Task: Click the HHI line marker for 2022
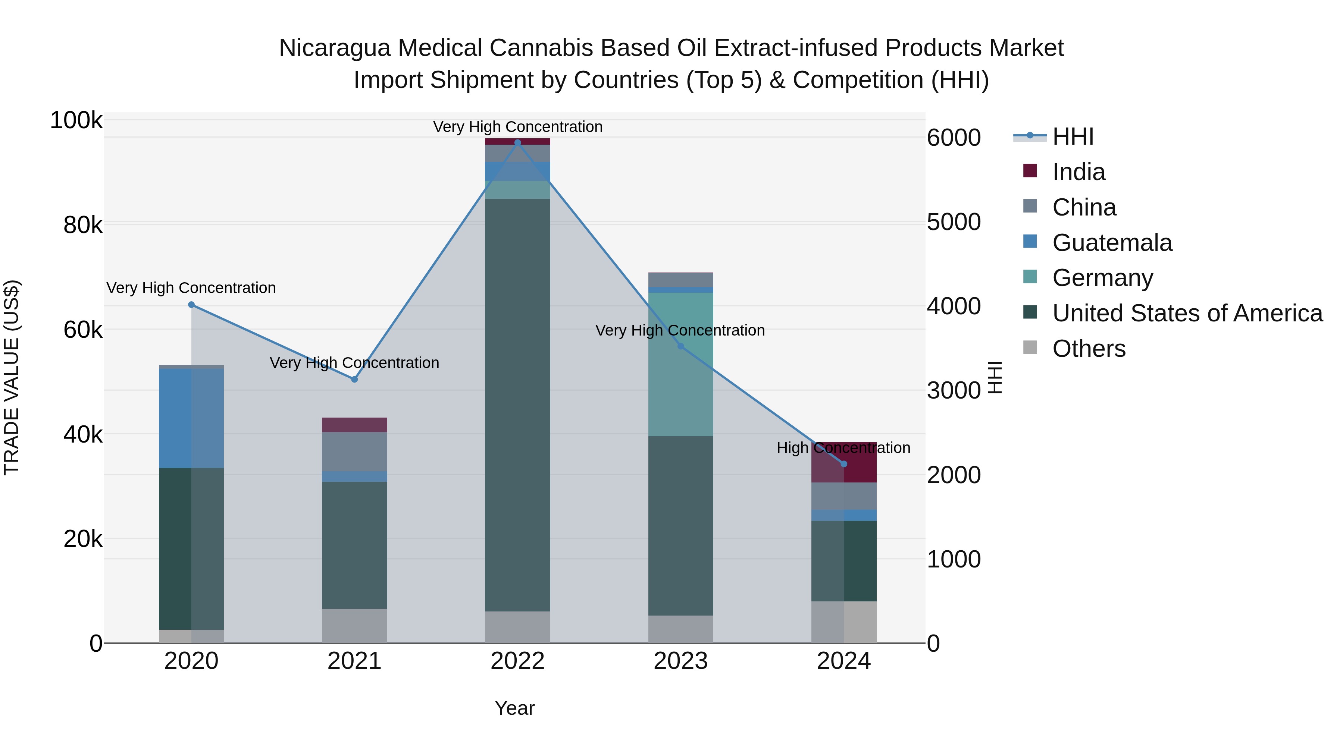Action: (x=517, y=142)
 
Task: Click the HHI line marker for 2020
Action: (x=191, y=305)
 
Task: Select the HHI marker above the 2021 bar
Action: (x=354, y=379)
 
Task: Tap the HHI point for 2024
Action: (x=843, y=464)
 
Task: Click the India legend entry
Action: (x=1078, y=172)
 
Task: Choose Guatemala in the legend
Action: (x=1112, y=243)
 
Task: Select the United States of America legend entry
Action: (x=1187, y=313)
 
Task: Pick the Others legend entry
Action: (x=1088, y=349)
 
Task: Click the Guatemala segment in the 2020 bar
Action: (x=191, y=418)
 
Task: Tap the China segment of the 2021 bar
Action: (x=354, y=451)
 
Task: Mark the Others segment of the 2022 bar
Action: (x=517, y=627)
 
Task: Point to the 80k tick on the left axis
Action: (x=82, y=225)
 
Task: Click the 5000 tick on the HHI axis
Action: (x=954, y=222)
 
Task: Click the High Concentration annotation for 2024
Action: (x=843, y=447)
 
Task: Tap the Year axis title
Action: (x=514, y=708)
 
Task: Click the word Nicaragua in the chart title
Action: (x=334, y=48)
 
